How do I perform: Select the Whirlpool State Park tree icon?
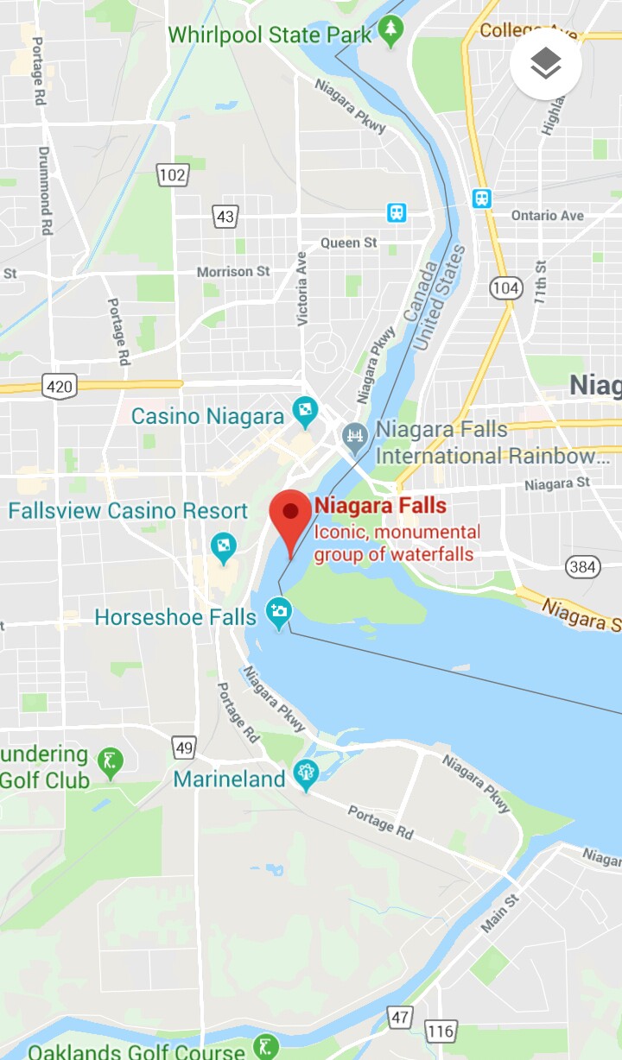tap(392, 31)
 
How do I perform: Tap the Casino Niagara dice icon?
tap(305, 413)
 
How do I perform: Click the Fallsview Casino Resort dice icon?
tap(224, 547)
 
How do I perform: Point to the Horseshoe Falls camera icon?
tap(278, 615)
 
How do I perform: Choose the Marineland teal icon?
tap(306, 774)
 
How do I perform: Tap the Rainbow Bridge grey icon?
tap(354, 437)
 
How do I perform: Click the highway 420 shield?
tap(58, 385)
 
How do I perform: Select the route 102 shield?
tap(173, 175)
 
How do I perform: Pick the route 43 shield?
tap(225, 216)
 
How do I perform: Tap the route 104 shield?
tap(505, 287)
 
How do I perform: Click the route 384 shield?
tap(583, 567)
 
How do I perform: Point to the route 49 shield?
tap(184, 747)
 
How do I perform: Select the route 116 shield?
tap(441, 1032)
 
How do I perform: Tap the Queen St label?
tap(348, 243)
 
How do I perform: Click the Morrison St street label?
tap(233, 271)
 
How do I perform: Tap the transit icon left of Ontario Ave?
tap(482, 199)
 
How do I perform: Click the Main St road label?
tap(500, 913)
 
